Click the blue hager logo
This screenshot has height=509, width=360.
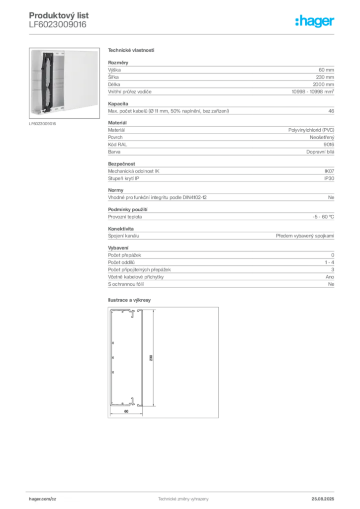tap(316, 21)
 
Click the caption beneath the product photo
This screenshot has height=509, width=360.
tap(44, 124)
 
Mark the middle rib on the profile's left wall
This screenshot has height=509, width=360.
tap(112, 357)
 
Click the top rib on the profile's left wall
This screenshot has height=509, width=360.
tap(112, 342)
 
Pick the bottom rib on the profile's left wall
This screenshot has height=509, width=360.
tap(112, 372)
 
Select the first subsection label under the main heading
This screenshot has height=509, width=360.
tap(119, 62)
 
